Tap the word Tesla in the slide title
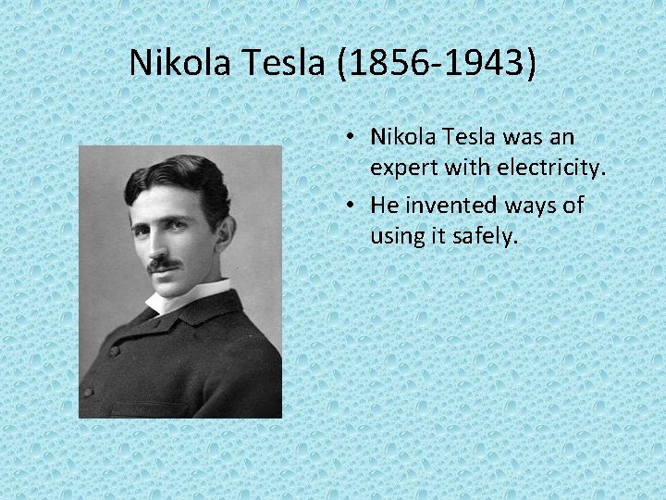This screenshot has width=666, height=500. click(278, 63)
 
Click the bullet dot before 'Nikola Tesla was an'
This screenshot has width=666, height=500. click(354, 138)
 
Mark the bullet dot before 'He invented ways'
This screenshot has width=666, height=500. click(354, 206)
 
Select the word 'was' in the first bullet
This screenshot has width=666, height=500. click(528, 137)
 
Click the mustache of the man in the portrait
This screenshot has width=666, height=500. click(164, 263)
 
